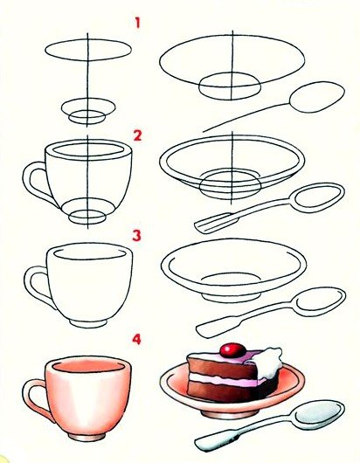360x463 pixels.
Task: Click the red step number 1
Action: click(x=137, y=23)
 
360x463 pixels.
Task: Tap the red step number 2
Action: click(x=137, y=135)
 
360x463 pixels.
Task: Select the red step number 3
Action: click(x=136, y=236)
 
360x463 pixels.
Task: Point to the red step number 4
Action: click(x=136, y=339)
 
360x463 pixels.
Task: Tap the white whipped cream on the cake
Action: click(x=268, y=363)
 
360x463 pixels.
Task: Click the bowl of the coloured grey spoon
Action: click(x=320, y=411)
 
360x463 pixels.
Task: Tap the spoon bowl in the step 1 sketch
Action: click(x=317, y=97)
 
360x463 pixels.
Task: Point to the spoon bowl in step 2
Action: click(x=317, y=197)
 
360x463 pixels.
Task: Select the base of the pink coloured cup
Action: click(x=87, y=436)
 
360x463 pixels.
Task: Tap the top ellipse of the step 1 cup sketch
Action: click(x=88, y=50)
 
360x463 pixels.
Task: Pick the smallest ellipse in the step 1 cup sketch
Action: click(x=87, y=116)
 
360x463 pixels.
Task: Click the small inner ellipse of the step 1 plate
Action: click(x=230, y=86)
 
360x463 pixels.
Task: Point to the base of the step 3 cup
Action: click(x=88, y=322)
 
